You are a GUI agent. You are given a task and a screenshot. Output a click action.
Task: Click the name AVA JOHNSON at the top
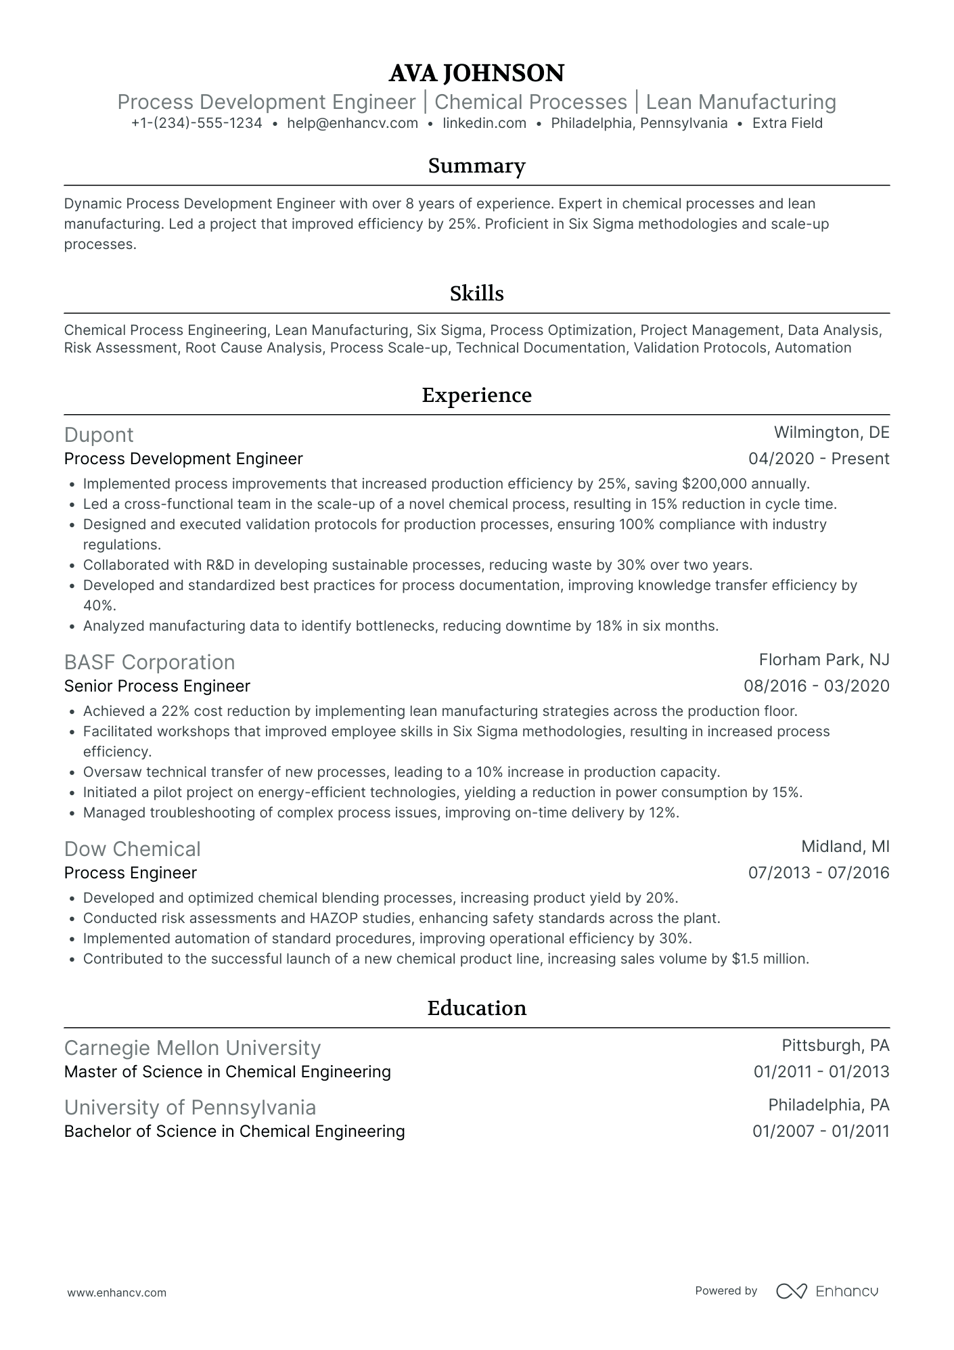(x=476, y=73)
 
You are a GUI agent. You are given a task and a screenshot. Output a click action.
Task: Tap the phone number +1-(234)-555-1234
(x=196, y=123)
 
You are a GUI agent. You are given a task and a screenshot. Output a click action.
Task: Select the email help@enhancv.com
(x=353, y=123)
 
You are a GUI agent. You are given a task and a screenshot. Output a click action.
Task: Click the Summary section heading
(x=476, y=166)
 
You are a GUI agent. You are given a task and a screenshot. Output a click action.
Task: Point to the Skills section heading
(x=476, y=293)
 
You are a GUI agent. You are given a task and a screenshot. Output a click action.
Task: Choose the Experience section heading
(x=476, y=395)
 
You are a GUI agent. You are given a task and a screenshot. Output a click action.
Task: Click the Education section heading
(x=476, y=1008)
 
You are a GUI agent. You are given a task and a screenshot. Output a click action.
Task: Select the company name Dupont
(x=99, y=435)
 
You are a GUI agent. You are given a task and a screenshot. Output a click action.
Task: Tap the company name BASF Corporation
(x=150, y=662)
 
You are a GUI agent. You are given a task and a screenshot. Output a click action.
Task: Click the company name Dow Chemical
(x=133, y=849)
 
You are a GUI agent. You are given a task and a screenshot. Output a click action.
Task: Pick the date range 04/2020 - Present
(x=819, y=459)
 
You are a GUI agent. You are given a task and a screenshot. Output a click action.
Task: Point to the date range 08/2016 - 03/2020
(x=817, y=686)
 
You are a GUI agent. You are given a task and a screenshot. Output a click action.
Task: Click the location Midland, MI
(x=845, y=847)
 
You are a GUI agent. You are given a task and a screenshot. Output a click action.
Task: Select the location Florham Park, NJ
(x=824, y=660)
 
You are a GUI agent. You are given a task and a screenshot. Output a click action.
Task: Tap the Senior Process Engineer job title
(x=157, y=686)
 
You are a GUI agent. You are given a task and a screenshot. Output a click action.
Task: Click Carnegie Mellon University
(x=192, y=1048)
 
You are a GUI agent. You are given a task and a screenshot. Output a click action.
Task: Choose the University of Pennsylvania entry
(x=190, y=1108)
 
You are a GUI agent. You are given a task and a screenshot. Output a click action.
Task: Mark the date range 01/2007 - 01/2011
(x=821, y=1131)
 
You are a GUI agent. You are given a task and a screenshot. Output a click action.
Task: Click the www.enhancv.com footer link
(x=117, y=1292)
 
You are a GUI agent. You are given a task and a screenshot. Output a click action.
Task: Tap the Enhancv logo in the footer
(x=827, y=1291)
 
